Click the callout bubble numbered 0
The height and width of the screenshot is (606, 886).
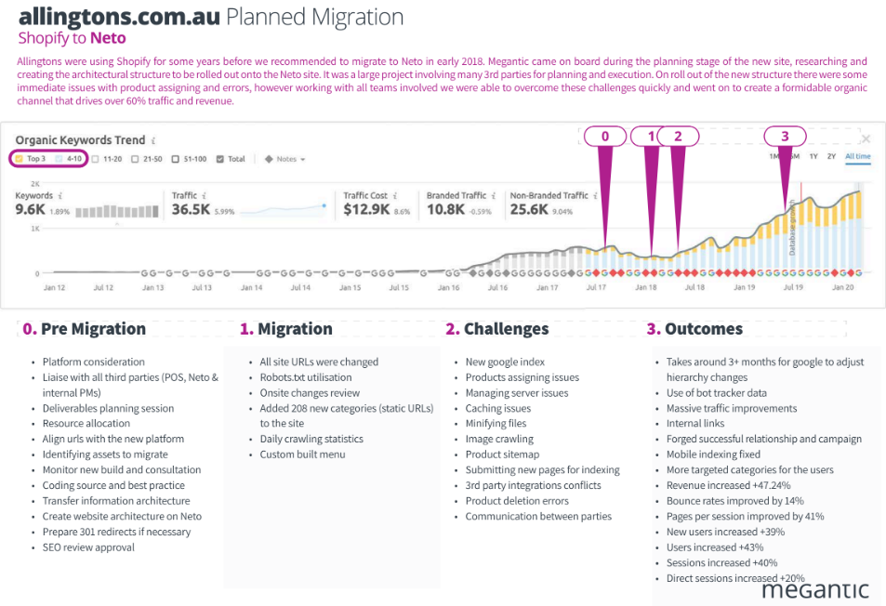pos(605,136)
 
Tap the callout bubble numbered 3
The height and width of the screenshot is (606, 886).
pos(785,136)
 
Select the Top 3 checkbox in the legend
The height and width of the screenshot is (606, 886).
pos(20,159)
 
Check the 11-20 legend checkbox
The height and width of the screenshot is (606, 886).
pos(98,159)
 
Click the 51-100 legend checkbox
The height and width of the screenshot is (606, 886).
pos(178,159)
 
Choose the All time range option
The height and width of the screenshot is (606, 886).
pos(857,156)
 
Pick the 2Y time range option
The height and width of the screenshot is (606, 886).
pos(831,156)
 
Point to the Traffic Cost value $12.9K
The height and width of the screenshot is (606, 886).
pos(366,210)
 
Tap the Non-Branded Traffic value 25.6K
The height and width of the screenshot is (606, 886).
pos(529,210)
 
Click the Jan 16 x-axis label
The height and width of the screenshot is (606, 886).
pos(448,288)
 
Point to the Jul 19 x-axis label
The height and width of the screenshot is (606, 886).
pos(793,288)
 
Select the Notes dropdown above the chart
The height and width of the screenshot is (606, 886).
pos(284,159)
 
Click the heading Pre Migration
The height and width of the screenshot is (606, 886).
pos(93,329)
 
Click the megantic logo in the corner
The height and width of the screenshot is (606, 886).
pos(814,589)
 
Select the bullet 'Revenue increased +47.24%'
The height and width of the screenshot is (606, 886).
pos(721,485)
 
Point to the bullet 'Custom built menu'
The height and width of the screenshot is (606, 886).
pos(302,454)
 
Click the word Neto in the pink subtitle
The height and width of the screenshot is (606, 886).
pos(108,38)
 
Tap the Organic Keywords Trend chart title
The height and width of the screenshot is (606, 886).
pos(80,140)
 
